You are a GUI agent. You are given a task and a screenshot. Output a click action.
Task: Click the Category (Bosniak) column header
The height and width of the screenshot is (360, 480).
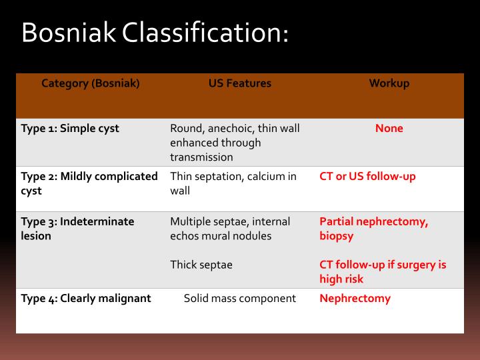tap(91, 83)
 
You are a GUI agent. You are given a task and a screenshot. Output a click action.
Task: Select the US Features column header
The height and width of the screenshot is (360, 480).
tap(240, 83)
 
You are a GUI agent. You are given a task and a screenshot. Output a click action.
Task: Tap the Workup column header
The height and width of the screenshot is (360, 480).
tap(389, 83)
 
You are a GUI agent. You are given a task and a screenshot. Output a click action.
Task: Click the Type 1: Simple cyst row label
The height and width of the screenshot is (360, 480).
tap(70, 128)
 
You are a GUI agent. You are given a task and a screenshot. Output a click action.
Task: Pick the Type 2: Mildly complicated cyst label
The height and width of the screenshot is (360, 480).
tap(89, 183)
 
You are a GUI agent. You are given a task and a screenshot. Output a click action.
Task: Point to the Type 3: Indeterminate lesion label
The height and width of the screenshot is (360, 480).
tap(77, 228)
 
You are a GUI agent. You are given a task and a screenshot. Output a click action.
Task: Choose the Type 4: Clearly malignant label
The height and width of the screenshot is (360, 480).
tap(86, 298)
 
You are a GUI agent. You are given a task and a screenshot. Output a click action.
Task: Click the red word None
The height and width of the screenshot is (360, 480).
tap(389, 128)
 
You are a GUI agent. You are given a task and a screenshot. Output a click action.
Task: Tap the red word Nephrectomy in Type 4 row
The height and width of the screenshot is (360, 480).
tap(355, 298)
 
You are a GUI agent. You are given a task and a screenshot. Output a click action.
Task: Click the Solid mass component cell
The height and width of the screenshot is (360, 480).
tap(240, 298)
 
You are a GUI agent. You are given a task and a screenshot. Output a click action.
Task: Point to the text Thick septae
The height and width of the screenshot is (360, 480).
tap(201, 265)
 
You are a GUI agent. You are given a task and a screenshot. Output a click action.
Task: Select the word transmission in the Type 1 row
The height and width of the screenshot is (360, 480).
tap(201, 157)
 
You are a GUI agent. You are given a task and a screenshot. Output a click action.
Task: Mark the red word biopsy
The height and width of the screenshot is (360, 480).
tap(336, 236)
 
